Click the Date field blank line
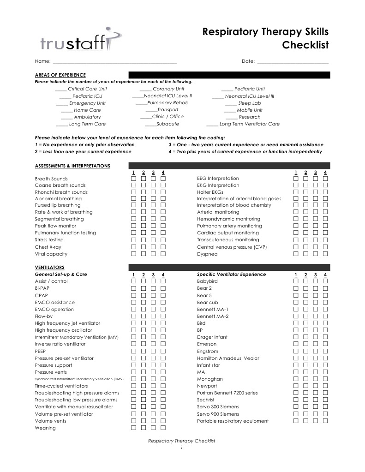[x=293, y=62]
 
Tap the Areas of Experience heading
[x=60, y=75]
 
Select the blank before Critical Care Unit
[x=60, y=89]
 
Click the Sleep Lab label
[x=249, y=103]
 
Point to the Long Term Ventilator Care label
[x=249, y=124]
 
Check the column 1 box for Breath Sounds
[x=134, y=179]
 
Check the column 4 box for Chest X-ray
[x=163, y=247]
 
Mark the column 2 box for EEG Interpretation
[x=305, y=179]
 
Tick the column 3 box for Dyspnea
[x=316, y=254]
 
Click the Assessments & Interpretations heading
[x=72, y=166]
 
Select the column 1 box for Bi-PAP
[x=134, y=288]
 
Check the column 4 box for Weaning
[x=163, y=428]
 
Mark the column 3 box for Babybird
[x=316, y=281]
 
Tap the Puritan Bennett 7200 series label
[x=227, y=393]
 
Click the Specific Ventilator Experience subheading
[x=231, y=275]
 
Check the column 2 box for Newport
[x=305, y=386]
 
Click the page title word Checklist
[x=305, y=45]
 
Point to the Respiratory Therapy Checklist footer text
[x=181, y=441]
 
